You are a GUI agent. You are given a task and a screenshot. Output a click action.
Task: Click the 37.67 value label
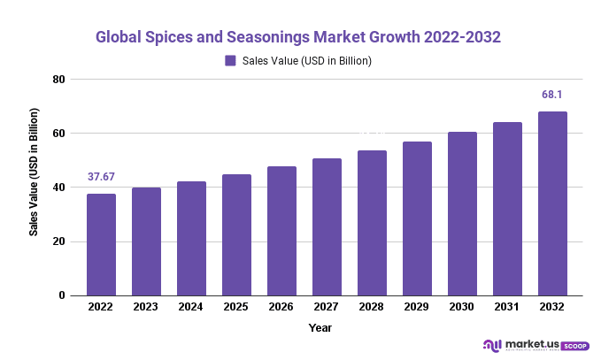point(101,177)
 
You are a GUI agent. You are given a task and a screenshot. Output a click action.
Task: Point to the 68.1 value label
point(552,95)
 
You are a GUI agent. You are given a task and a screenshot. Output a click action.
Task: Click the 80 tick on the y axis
point(59,80)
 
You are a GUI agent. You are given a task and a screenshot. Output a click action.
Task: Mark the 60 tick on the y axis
point(59,134)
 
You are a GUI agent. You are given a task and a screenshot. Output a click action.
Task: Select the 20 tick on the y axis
point(59,241)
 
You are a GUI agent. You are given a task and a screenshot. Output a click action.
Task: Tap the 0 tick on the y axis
point(62,295)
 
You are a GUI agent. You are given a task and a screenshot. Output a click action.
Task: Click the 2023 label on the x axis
point(146,307)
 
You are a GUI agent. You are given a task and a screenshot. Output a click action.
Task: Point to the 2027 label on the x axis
point(327,307)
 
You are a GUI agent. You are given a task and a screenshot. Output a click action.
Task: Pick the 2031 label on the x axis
point(507,307)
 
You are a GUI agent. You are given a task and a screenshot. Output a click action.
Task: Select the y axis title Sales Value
point(34,172)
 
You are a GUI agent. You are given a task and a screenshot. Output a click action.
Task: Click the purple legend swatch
point(230,61)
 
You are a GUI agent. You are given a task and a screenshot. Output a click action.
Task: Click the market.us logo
point(520,345)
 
